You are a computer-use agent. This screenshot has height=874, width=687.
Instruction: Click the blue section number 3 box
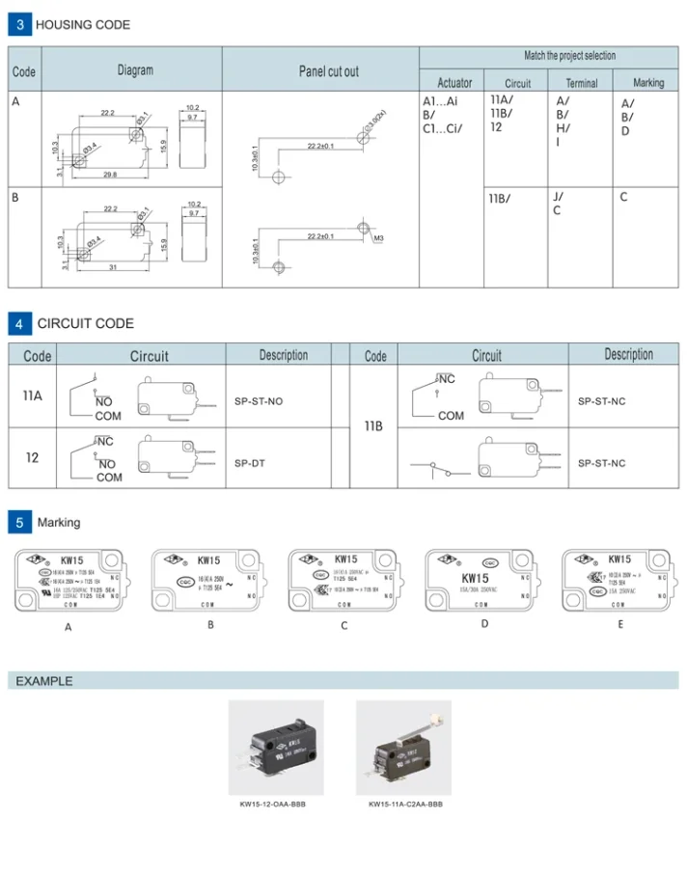click(x=20, y=24)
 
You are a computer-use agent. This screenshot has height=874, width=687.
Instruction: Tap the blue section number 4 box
click(x=20, y=323)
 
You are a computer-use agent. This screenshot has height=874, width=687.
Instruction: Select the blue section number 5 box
click(x=20, y=523)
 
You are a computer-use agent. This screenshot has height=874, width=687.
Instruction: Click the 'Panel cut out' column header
click(x=328, y=71)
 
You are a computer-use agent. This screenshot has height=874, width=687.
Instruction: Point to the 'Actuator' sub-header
click(x=454, y=83)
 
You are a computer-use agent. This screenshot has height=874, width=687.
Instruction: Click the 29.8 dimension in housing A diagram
click(x=109, y=175)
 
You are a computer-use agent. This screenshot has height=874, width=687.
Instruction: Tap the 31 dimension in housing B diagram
click(x=112, y=267)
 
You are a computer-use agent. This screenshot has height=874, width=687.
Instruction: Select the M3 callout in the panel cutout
click(x=379, y=237)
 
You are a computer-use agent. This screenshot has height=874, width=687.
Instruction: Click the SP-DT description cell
click(x=249, y=463)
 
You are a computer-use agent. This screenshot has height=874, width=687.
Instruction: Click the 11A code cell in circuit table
click(x=33, y=396)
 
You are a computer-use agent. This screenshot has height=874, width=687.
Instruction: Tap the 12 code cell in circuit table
click(x=33, y=457)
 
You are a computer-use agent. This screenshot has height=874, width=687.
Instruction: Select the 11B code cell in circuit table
click(x=373, y=425)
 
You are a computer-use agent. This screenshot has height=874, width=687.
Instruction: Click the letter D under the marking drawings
click(x=484, y=623)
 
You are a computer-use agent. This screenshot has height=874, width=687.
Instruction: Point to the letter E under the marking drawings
click(x=620, y=624)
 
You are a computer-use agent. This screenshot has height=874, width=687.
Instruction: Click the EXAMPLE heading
click(x=44, y=681)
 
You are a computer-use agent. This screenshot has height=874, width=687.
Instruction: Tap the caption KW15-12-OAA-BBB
click(x=273, y=804)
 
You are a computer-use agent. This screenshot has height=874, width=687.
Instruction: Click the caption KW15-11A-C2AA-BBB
click(x=405, y=804)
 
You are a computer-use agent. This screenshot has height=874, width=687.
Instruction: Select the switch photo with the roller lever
click(x=403, y=748)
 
